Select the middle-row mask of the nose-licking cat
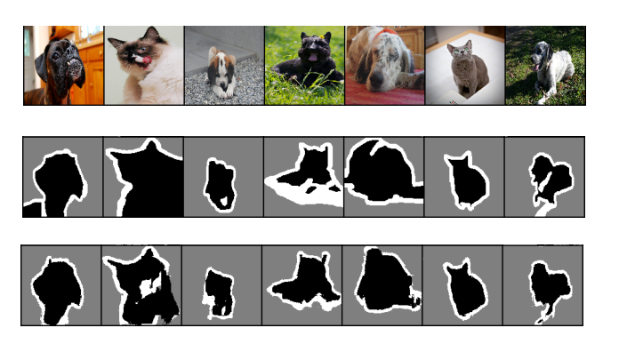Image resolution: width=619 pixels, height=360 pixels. [147, 182]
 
